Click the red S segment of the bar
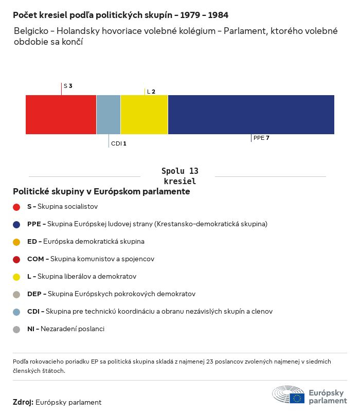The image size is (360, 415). pyautogui.click(x=61, y=115)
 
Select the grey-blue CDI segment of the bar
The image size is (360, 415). pyautogui.click(x=109, y=115)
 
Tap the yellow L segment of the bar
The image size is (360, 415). pyautogui.click(x=144, y=115)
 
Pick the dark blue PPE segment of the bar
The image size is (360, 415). pyautogui.click(x=251, y=115)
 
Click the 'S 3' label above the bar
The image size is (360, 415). pyautogui.click(x=68, y=86)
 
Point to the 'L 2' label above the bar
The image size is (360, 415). pyautogui.click(x=151, y=92)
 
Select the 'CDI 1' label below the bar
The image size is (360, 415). pyautogui.click(x=118, y=143)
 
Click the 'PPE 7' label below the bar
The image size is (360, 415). pyautogui.click(x=261, y=138)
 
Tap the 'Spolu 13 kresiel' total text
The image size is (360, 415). pyautogui.click(x=179, y=176)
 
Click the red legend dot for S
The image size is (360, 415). pyautogui.click(x=16, y=207)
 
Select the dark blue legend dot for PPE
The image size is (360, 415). pyautogui.click(x=16, y=224)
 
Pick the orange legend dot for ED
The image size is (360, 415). pyautogui.click(x=16, y=242)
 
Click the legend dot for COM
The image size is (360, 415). pyautogui.click(x=16, y=259)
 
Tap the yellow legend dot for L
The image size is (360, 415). pyautogui.click(x=16, y=277)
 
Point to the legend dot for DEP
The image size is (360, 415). pyautogui.click(x=16, y=294)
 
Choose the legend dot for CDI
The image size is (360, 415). pyautogui.click(x=16, y=312)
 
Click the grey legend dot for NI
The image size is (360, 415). pyautogui.click(x=16, y=329)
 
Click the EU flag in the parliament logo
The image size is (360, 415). pyautogui.click(x=297, y=398)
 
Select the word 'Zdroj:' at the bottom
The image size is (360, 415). pyautogui.click(x=23, y=402)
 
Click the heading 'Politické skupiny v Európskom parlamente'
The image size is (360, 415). pyautogui.click(x=101, y=191)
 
